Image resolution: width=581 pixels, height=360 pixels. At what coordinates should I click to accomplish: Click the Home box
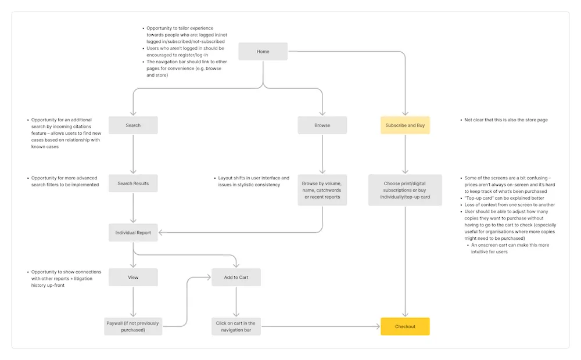pos(263,52)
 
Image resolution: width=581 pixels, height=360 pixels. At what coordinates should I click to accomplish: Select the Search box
pos(133,125)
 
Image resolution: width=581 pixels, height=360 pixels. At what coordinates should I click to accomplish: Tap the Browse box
pos(322,125)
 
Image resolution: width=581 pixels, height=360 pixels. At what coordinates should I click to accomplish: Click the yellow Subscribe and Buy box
pos(405,125)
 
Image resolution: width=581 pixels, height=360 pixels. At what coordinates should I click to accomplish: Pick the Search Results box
pos(133,183)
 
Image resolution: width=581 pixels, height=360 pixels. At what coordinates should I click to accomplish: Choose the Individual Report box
pos(133,233)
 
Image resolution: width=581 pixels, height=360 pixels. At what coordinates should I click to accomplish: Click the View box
pos(133,278)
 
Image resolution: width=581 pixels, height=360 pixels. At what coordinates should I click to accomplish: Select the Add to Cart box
pos(236,278)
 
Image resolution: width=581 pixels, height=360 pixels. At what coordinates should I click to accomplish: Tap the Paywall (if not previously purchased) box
pos(133,326)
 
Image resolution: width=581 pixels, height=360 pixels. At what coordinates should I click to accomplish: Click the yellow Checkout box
pos(405,326)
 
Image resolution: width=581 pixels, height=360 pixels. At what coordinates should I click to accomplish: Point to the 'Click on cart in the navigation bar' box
pos(236,326)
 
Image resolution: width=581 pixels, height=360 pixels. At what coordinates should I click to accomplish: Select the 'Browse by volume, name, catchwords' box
pos(322,190)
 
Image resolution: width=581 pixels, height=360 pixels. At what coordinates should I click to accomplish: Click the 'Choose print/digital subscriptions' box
pos(405,190)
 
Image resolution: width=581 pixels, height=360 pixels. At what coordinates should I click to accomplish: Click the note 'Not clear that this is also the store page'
pos(505,120)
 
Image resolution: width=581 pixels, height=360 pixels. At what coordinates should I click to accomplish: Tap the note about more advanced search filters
pos(64,181)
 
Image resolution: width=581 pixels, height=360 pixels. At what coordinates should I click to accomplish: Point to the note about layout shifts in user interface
pos(253,181)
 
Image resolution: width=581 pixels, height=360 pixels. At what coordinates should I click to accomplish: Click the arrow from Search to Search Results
pos(133,154)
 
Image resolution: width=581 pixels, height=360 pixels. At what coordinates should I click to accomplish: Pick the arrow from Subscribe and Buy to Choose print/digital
pos(405,154)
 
